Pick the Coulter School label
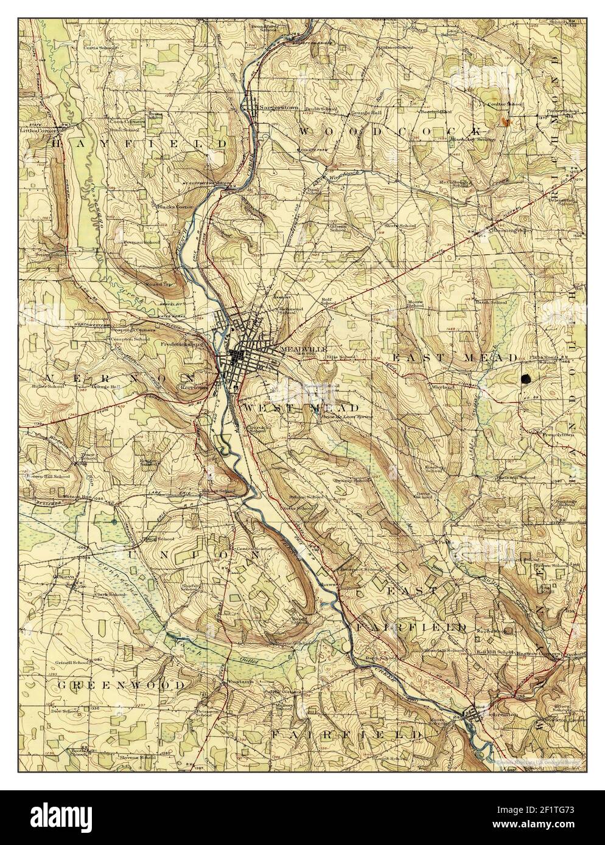click(x=506, y=105)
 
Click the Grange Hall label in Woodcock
click(x=365, y=112)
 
